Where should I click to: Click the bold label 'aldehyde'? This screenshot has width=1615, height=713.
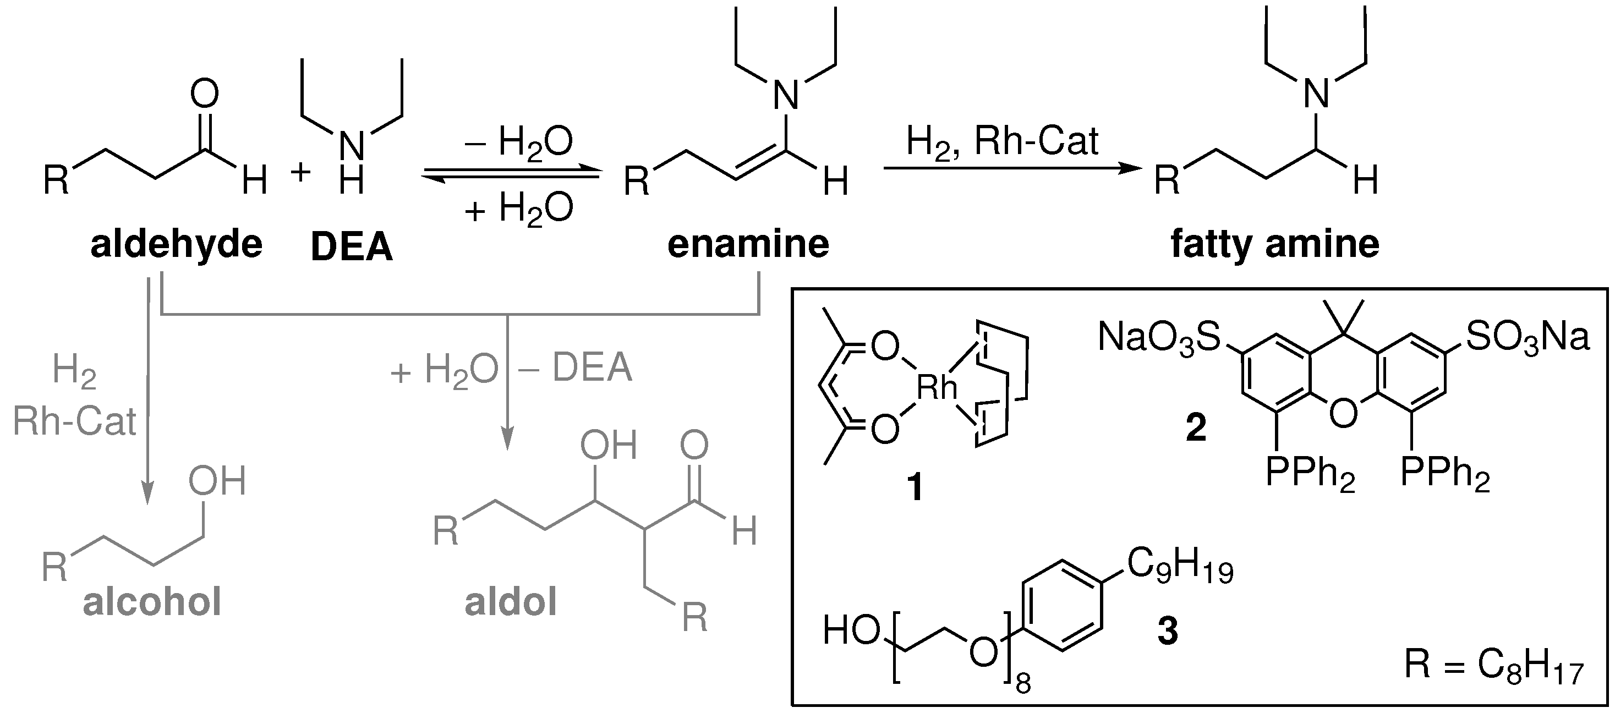pos(176,245)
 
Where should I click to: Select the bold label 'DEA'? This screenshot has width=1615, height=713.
pos(351,247)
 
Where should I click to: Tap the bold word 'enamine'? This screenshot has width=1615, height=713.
pos(748,245)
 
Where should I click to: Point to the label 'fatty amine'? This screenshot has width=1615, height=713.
pos(1274,245)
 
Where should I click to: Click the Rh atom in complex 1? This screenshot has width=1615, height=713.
pos(937,388)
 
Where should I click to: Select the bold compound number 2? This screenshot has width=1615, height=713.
pos(1196,429)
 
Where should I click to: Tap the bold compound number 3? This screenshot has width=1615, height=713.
pos(1167,631)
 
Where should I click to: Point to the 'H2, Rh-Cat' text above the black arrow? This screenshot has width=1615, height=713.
pos(1002,143)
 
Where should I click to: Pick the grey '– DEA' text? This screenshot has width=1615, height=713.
pos(575,368)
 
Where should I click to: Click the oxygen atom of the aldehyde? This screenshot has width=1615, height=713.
pos(204,94)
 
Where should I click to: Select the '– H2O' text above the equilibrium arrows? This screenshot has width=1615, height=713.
pos(518,143)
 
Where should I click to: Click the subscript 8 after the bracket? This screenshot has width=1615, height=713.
pos(1022,683)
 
